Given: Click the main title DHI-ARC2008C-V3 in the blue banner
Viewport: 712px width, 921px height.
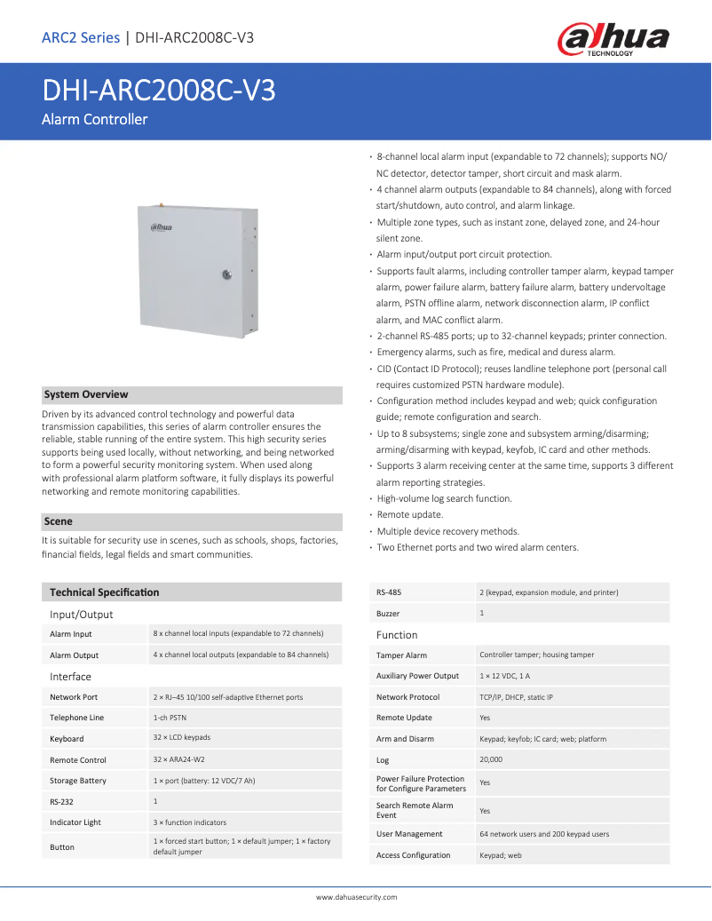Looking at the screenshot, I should click(158, 92).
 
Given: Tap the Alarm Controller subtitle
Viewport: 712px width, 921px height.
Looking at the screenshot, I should click(95, 119).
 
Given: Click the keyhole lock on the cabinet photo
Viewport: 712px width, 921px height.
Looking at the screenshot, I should click(226, 274).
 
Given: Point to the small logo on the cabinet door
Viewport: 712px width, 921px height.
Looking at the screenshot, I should click(162, 227).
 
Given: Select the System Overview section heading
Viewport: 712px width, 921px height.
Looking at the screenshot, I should click(86, 394).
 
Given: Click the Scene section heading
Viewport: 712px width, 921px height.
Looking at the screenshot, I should click(59, 521).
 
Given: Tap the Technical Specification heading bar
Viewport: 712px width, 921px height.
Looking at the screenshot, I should click(105, 592).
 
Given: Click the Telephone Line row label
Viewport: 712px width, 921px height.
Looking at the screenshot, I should click(76, 718).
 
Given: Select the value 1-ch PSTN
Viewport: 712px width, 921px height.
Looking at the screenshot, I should click(170, 718).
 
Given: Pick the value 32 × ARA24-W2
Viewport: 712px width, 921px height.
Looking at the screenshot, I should click(178, 759).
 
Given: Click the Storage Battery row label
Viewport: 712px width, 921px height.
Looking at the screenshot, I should click(78, 781).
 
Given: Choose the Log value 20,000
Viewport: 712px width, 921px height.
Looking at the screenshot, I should click(492, 759).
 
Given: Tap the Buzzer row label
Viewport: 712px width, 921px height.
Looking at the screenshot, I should click(388, 614).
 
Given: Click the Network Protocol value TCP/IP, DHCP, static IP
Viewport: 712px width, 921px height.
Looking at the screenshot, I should click(516, 697).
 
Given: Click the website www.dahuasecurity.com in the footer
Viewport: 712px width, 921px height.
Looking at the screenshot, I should click(356, 897).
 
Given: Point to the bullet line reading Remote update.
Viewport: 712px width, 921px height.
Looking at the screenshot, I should click(409, 514).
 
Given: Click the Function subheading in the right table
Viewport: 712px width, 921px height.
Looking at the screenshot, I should click(397, 635).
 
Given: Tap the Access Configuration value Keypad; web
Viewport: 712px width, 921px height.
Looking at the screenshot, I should click(501, 855).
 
